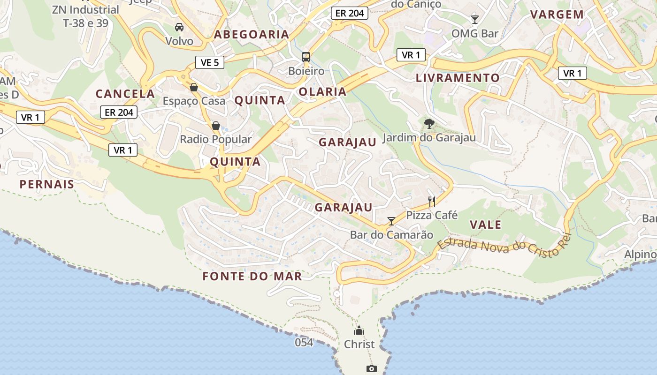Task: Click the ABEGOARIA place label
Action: point(252,34)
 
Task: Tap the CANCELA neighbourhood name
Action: point(125,94)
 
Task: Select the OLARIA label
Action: point(323,92)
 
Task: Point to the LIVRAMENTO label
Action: point(458,78)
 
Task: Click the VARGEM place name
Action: point(557,15)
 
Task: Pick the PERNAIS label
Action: point(47,184)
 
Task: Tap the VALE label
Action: point(486,225)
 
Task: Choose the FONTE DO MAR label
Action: point(252,277)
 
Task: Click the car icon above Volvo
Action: point(179,27)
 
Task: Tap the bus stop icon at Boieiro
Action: point(306,57)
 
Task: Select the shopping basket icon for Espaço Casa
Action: point(194,87)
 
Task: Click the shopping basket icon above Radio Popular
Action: point(216,126)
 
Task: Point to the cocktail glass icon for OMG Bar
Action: point(475,19)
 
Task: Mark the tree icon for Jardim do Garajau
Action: point(429,124)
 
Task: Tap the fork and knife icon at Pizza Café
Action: point(432,202)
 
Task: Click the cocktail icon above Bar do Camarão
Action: point(391,221)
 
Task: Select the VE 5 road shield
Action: point(210,62)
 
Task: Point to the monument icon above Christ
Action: point(359,330)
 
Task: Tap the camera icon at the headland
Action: point(372,369)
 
